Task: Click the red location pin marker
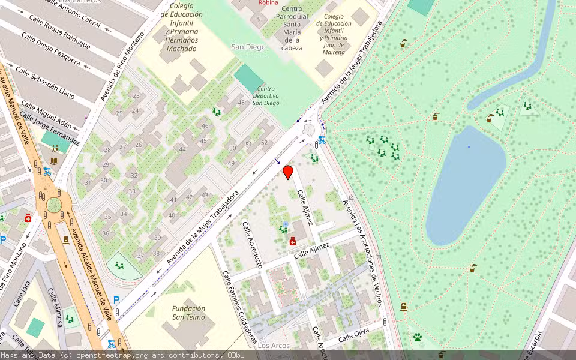(x=288, y=172)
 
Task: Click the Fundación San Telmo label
(x=188, y=313)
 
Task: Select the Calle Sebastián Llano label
(x=45, y=83)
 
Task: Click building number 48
(x=242, y=103)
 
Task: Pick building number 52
(x=264, y=142)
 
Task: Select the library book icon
(x=55, y=161)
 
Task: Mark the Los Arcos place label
(x=274, y=346)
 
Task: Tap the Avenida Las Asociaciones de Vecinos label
(x=362, y=251)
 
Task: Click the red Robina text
(x=268, y=3)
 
